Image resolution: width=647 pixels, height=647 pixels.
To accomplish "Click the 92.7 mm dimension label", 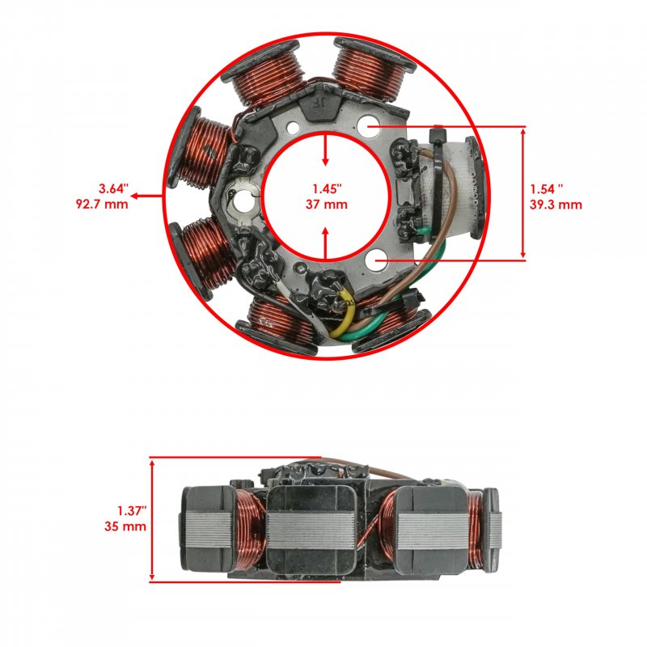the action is (102, 204).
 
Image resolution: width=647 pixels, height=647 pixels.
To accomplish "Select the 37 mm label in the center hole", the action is (327, 204).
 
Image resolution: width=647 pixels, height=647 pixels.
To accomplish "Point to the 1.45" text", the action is (327, 188).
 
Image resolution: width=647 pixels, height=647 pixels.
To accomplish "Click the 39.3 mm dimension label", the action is (556, 205).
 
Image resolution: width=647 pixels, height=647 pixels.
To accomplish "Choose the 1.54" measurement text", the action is (547, 189).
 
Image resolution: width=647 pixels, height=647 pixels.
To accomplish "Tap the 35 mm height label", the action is (125, 526).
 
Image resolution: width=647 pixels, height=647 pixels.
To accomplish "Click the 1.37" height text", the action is (132, 511).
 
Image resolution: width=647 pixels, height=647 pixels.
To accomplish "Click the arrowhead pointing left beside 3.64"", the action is (134, 196).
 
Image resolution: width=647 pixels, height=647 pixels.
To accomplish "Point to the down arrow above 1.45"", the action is (326, 149).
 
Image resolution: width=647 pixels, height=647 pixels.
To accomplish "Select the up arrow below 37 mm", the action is (326, 243).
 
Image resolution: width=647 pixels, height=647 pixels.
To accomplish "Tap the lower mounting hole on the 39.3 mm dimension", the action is (376, 260).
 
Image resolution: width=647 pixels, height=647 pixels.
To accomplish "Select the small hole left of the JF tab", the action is (293, 128).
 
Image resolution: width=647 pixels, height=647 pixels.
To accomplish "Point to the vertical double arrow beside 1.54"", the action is (523, 193).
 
